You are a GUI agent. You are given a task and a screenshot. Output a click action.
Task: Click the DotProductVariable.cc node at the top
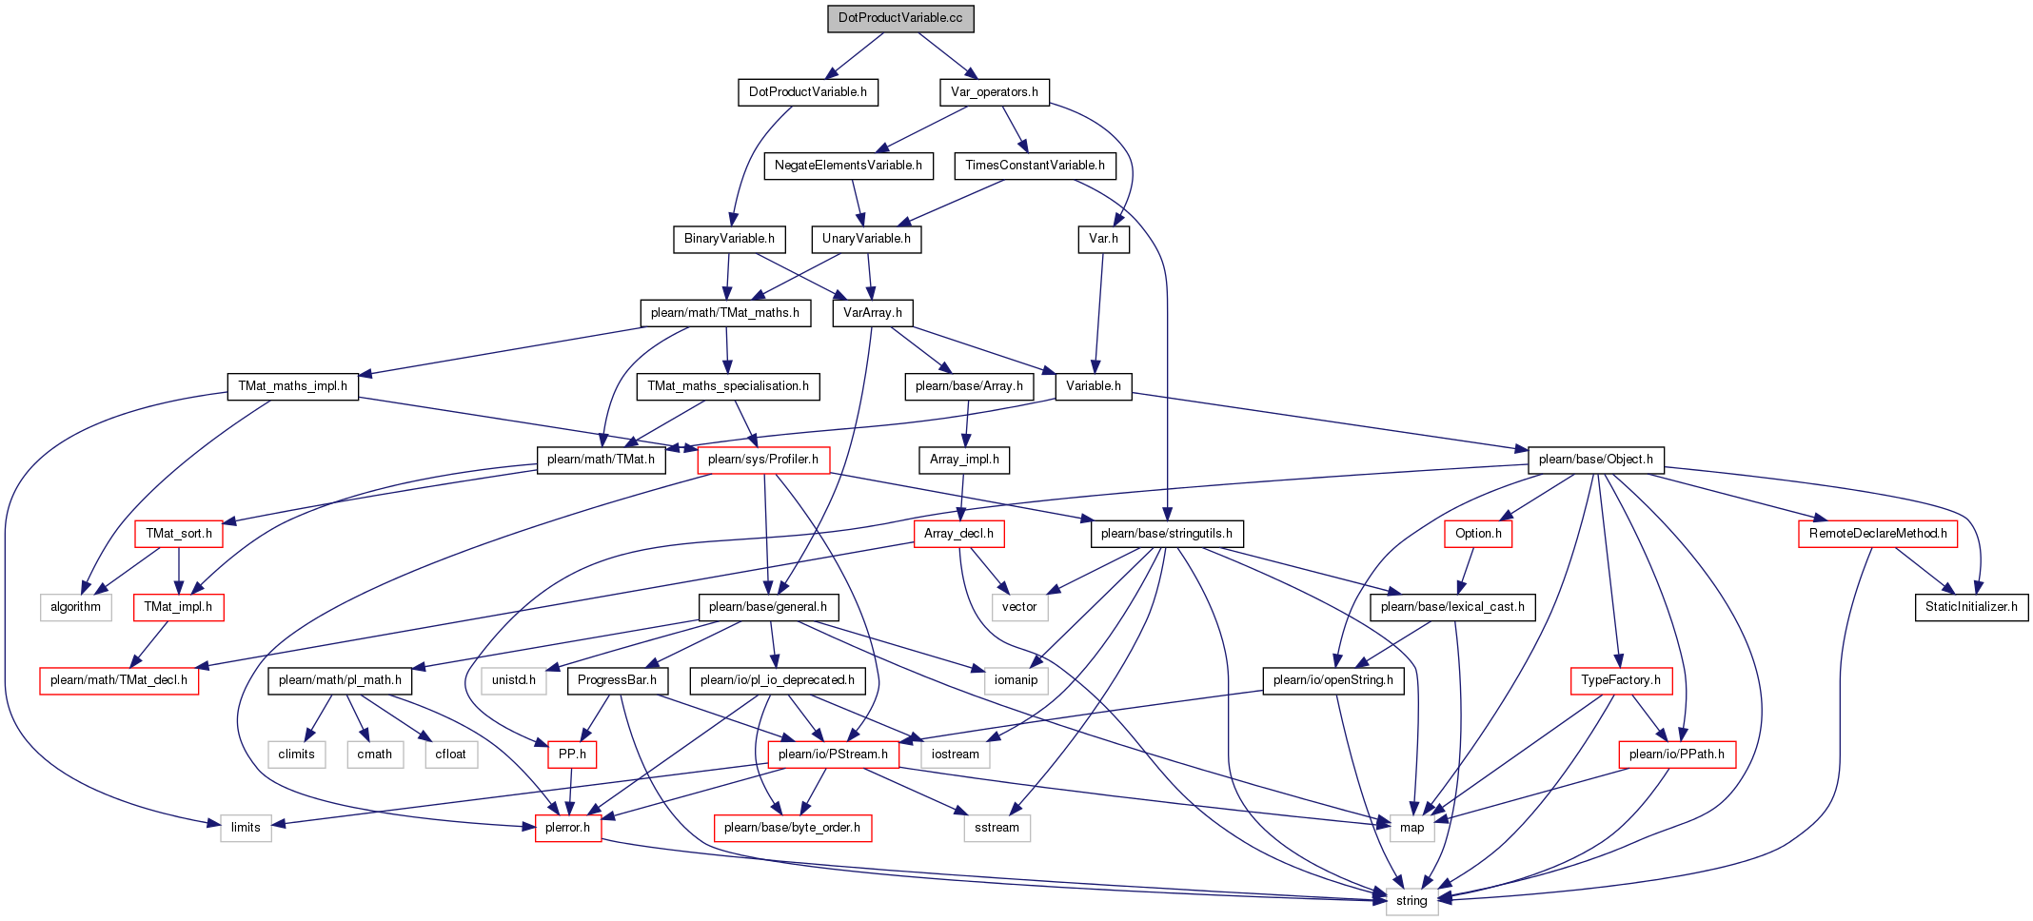(900, 18)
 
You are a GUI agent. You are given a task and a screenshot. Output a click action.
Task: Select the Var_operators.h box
(995, 92)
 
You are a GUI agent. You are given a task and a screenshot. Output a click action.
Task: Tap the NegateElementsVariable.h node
(848, 166)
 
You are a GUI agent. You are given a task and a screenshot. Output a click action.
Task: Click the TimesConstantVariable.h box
(1035, 166)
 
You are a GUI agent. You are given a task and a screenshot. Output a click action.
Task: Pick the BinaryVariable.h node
(729, 239)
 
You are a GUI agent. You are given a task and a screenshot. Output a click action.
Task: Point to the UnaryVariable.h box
(866, 239)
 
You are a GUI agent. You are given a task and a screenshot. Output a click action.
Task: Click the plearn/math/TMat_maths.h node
(725, 313)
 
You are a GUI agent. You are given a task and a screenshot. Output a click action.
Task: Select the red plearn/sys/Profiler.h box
(763, 460)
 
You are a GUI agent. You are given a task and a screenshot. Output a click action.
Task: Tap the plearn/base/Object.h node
(1595, 460)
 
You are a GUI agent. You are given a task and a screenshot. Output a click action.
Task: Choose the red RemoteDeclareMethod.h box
(1878, 534)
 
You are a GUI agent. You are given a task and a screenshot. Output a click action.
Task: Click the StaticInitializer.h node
(1971, 607)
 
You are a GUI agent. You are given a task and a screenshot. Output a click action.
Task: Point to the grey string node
(1411, 901)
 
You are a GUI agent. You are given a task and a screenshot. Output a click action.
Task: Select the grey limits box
(246, 828)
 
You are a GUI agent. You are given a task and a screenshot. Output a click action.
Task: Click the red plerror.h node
(567, 828)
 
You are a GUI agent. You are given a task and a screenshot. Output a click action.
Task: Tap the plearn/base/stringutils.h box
(1167, 534)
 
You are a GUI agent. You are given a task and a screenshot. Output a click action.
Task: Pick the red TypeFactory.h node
(1621, 680)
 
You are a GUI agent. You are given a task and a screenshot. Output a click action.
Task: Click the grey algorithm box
(76, 607)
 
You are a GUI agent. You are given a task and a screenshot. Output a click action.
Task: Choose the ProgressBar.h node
(618, 680)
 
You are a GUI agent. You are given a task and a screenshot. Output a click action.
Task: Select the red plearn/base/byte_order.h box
(792, 828)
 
